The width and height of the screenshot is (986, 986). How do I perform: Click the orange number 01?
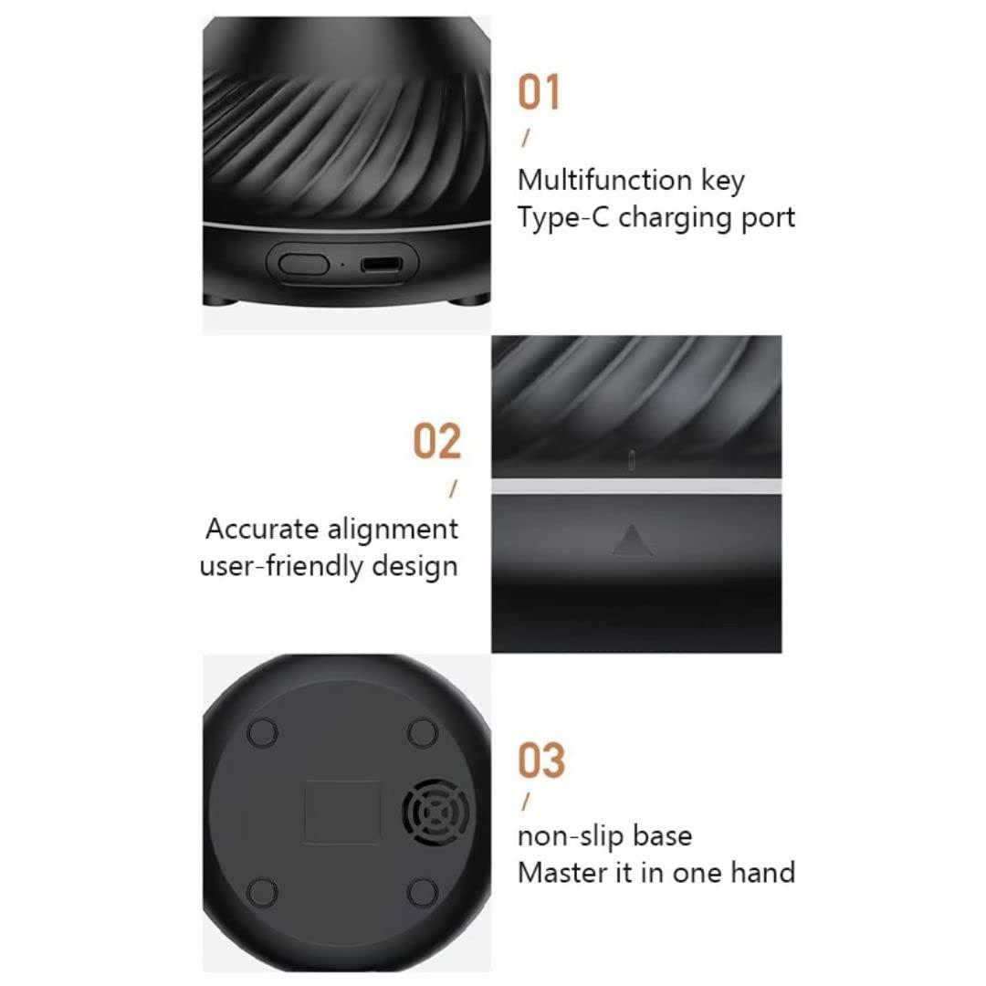(540, 94)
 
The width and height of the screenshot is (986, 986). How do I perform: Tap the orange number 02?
(437, 442)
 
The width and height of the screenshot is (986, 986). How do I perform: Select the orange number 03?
(541, 760)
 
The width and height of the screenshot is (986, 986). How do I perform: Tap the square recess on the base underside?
(341, 811)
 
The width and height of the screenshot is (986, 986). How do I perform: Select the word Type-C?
(560, 218)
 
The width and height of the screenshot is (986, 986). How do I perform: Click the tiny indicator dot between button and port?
(342, 266)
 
